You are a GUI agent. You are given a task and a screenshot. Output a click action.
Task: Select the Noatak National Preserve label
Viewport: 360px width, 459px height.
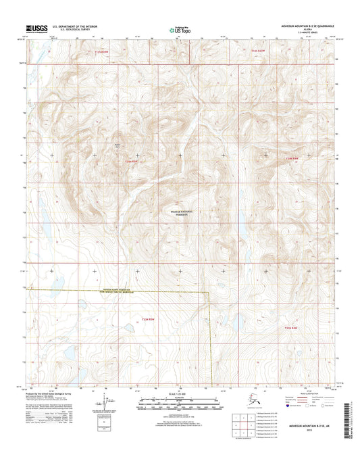[180, 213]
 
